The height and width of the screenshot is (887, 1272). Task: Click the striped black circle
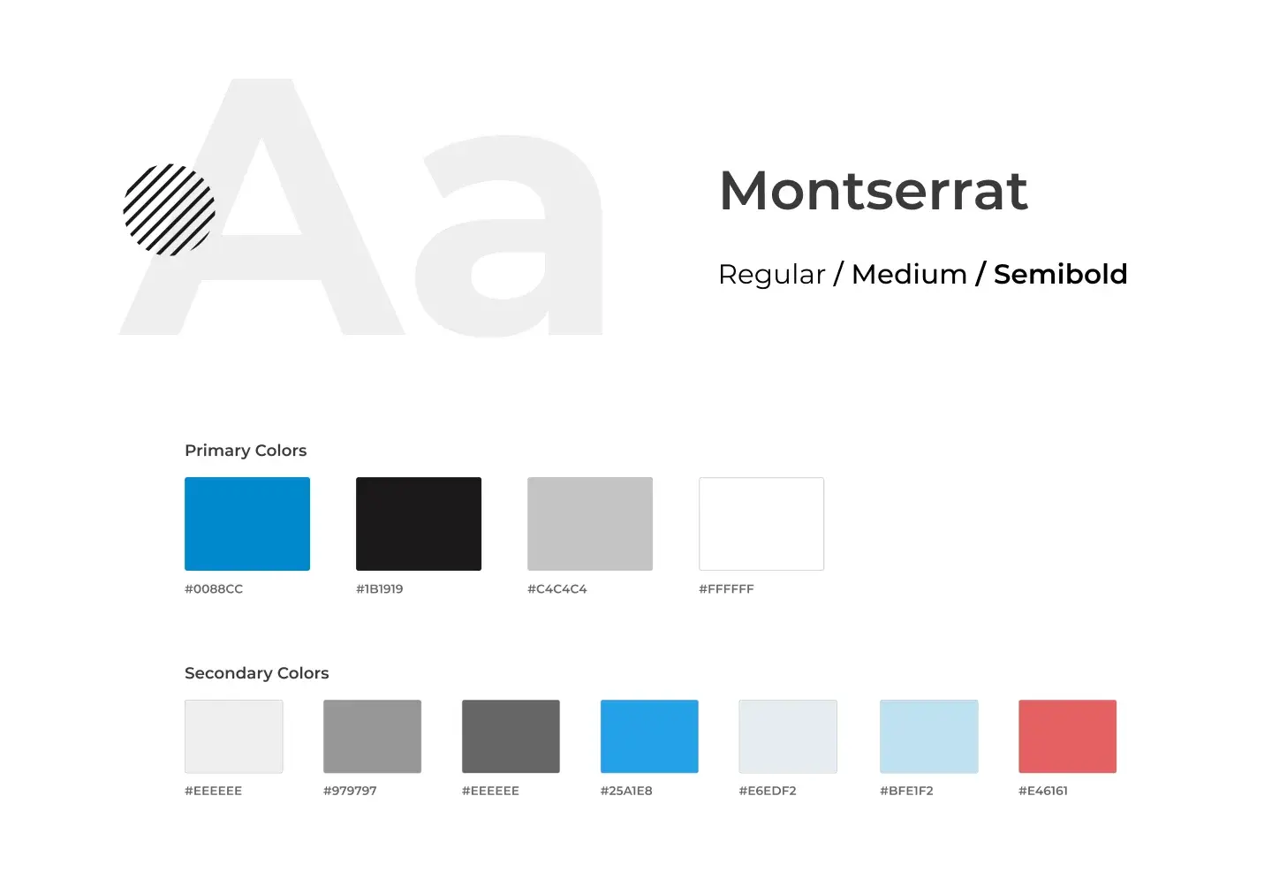coord(170,209)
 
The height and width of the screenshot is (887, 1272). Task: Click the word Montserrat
coord(874,191)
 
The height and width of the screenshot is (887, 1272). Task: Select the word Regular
coord(771,275)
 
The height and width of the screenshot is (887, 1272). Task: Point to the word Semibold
coord(1060,274)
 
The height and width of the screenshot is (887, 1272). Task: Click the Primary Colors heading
coord(246,451)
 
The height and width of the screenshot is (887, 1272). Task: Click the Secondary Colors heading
coord(257,673)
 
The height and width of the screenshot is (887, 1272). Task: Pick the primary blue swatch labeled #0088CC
coord(247,524)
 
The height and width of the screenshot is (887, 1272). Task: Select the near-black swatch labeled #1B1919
coord(419,524)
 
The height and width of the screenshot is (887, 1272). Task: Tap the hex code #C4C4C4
coord(557,589)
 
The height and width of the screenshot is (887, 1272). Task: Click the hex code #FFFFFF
coord(726,589)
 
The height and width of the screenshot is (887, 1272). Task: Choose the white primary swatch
coord(761,524)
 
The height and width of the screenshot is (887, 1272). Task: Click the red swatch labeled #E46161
coord(1068,737)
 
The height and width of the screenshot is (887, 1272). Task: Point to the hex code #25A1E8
coord(626,791)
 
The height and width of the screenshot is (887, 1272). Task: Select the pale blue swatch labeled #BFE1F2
coord(929,737)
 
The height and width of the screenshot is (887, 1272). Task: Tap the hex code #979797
coord(350,791)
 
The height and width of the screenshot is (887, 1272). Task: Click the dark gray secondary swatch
coord(511,737)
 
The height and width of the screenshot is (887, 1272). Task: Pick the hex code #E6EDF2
coord(768,791)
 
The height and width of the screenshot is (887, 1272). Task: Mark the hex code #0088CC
coord(214,589)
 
